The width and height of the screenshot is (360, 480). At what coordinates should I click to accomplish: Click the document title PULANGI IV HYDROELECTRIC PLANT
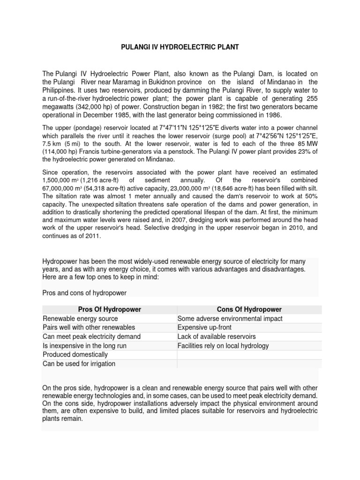click(180, 47)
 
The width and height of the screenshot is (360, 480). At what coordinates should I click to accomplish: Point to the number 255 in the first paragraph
click(311, 98)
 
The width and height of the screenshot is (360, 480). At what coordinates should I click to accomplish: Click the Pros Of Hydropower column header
click(109, 309)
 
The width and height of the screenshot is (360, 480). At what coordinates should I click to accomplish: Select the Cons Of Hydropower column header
click(249, 309)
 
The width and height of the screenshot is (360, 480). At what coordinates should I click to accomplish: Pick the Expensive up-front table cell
click(204, 328)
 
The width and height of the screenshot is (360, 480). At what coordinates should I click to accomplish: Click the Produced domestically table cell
click(75, 355)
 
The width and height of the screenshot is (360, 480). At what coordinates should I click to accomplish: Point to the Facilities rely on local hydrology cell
click(223, 346)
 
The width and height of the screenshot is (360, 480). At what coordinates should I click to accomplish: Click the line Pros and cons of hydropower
click(85, 293)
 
